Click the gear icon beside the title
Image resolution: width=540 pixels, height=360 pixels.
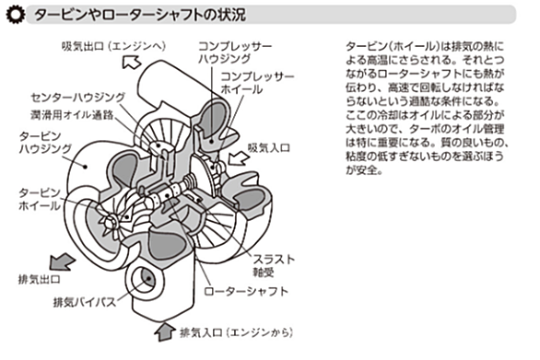coord(16,15)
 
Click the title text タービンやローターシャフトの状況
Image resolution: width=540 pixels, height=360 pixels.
coord(140,15)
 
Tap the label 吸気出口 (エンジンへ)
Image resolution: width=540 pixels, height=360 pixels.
coord(114,46)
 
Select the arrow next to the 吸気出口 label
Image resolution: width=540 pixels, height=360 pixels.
coord(132,62)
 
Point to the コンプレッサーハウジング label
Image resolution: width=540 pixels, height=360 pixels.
coord(235,52)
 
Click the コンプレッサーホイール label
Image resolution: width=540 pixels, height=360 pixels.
coord(258,83)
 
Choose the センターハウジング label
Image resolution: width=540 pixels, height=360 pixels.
coord(78,98)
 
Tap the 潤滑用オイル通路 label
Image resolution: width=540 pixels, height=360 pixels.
coord(72,114)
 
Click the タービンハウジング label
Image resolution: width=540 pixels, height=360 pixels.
coord(45,143)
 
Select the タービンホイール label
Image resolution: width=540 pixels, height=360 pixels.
coord(40,199)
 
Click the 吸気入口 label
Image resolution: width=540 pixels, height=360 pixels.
coord(269,148)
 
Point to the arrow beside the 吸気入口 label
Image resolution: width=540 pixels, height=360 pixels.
coord(239,158)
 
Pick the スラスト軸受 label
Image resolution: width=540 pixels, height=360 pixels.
coord(274,265)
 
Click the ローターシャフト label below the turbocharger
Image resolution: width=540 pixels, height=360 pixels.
coord(246,292)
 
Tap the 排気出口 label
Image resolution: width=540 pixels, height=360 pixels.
coord(40,279)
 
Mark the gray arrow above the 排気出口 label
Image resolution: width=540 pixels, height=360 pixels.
coord(63,262)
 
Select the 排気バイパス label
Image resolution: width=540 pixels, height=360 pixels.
coord(85,302)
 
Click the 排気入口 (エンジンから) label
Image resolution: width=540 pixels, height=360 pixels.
coord(237,332)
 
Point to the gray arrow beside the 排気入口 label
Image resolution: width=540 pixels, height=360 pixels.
coord(165,332)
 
